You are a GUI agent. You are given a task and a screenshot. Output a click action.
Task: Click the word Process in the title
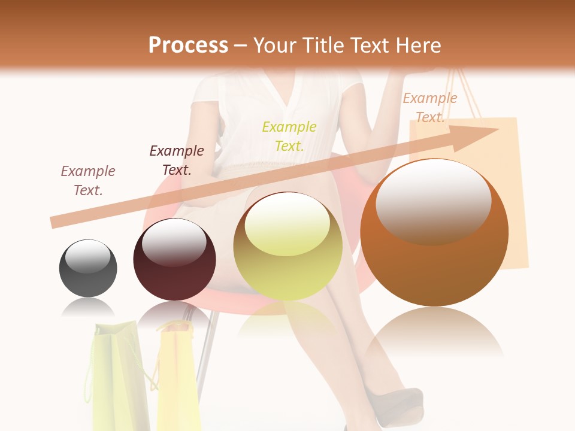[188, 45]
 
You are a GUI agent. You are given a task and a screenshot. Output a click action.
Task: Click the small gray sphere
[88, 268]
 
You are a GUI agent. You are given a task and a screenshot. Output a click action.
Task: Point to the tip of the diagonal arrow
[497, 130]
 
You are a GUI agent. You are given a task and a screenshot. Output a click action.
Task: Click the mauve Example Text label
[88, 181]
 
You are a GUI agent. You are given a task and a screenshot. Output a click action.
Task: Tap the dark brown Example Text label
[176, 160]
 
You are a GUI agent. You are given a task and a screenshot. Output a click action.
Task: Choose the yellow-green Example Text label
[289, 136]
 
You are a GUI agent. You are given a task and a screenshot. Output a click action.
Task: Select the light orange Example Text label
[429, 108]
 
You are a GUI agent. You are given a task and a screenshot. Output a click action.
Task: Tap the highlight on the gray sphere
[87, 256]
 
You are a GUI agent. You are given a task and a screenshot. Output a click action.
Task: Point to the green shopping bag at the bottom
[117, 377]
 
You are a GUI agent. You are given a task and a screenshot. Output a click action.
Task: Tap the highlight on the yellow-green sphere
[287, 223]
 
